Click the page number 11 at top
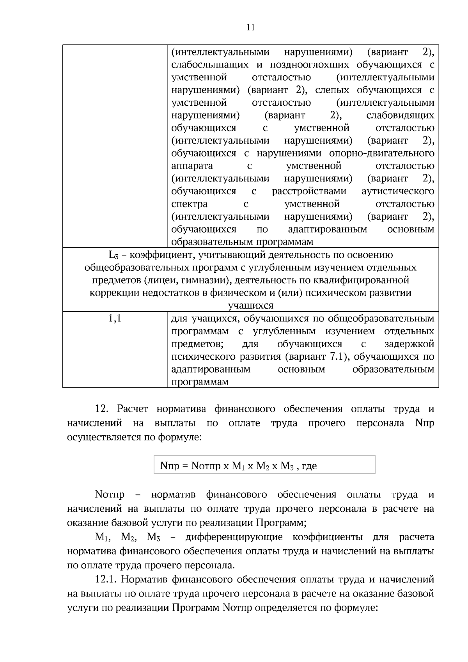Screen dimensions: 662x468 click(250, 27)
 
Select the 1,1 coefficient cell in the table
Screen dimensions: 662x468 click(115, 319)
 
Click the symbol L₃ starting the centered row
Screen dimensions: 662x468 click(113, 255)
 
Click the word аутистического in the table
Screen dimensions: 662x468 click(398, 192)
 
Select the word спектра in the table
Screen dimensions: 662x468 click(189, 204)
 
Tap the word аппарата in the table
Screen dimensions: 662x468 click(192, 166)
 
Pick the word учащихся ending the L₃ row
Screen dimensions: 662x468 click(250, 305)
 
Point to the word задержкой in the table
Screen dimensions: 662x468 click(409, 344)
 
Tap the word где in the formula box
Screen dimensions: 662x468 click(309, 466)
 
